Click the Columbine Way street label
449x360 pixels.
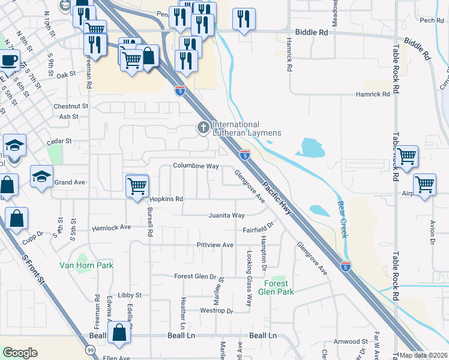pyautogui.click(x=196, y=166)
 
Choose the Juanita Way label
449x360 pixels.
pyautogui.click(x=226, y=215)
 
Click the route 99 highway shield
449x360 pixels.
pyautogui.click(x=90, y=350)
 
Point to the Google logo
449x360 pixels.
pyautogui.click(x=20, y=353)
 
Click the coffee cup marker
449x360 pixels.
pyautogui.click(x=10, y=61)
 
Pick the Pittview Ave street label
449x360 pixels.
pyautogui.click(x=214, y=245)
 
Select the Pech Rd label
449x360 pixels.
pyautogui.click(x=431, y=20)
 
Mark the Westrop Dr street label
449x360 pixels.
pyautogui.click(x=216, y=311)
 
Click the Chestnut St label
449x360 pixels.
pyautogui.click(x=71, y=106)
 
